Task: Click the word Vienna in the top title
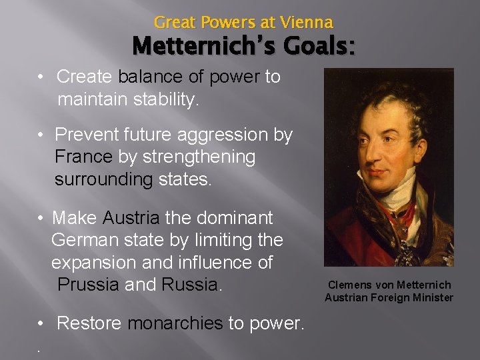(x=306, y=22)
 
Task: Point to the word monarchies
(x=170, y=323)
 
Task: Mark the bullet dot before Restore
(x=41, y=324)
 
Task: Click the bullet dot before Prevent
(x=41, y=135)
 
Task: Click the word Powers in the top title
(x=224, y=22)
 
